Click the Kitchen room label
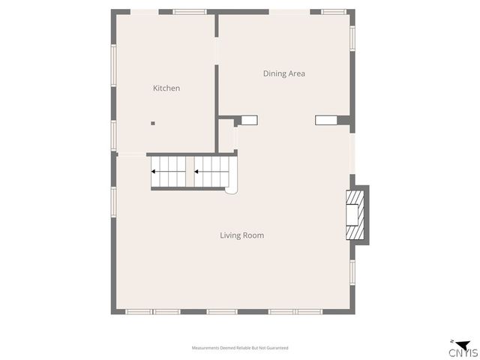(166, 88)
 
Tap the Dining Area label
(283, 73)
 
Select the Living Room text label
(241, 235)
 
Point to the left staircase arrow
(168, 171)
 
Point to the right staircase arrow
(211, 171)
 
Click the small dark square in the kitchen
(152, 123)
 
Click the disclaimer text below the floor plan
(240, 348)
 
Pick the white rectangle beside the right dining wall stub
(326, 119)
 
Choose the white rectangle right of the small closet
(249, 119)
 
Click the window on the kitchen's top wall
(190, 12)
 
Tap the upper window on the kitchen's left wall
(114, 65)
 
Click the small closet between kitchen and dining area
(226, 135)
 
